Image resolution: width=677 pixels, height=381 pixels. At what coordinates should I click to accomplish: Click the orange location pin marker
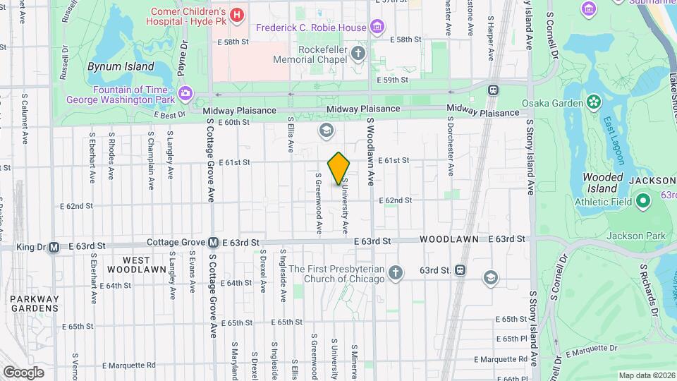[339, 168]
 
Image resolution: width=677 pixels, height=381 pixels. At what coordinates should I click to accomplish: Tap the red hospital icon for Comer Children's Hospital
[237, 13]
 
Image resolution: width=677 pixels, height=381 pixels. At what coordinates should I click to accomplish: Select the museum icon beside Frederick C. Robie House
[378, 28]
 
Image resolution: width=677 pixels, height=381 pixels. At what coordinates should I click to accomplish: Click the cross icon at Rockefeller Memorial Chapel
[359, 54]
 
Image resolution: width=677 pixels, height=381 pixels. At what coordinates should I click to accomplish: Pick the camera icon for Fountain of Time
[185, 92]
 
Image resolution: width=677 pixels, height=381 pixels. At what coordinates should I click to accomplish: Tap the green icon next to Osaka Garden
[594, 103]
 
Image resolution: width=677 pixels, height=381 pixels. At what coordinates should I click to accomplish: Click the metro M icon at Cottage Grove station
[213, 243]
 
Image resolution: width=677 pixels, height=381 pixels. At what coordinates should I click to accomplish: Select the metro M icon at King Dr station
[54, 247]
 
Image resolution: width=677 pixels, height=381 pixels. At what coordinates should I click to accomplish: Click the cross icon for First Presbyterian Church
[396, 272]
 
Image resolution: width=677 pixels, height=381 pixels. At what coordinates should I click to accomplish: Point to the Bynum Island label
[120, 66]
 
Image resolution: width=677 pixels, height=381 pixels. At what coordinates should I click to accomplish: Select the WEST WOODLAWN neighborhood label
[130, 265]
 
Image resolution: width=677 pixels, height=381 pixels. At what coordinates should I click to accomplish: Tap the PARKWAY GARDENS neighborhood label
[34, 303]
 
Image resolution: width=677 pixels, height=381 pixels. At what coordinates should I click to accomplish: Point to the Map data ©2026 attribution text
[647, 375]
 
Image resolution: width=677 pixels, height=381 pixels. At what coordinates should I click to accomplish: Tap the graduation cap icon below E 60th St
[326, 130]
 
